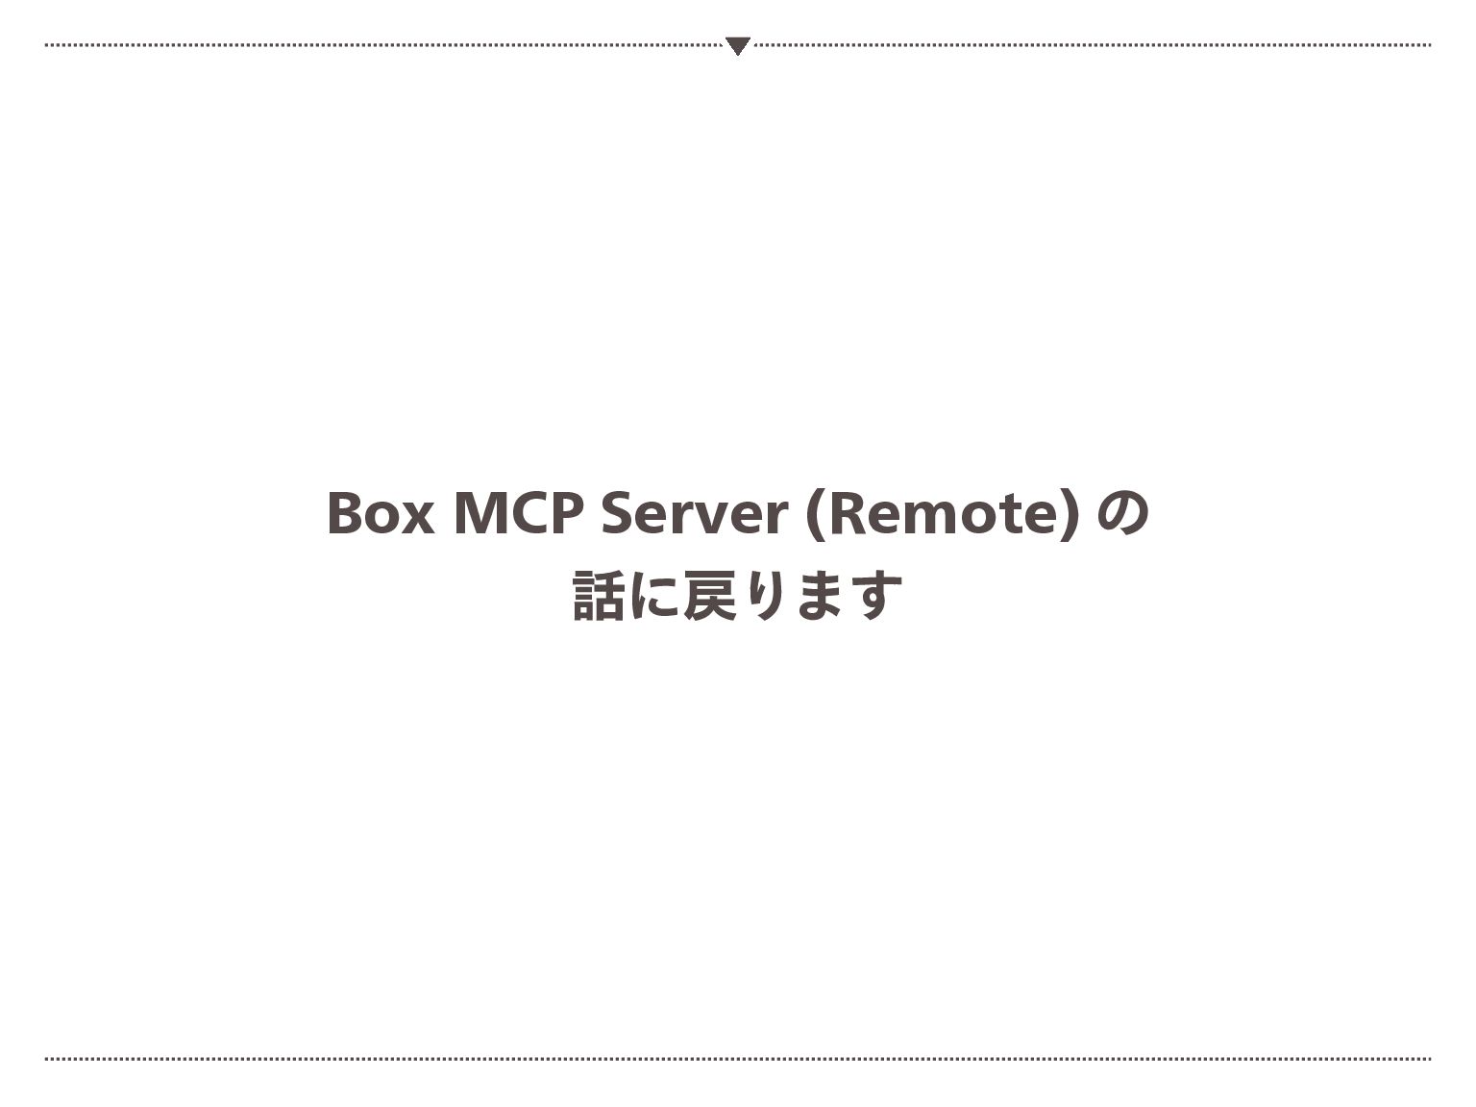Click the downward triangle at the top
(737, 45)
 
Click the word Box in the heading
(380, 513)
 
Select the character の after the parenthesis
(1122, 513)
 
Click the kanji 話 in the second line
(598, 596)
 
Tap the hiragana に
(653, 596)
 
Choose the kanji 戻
(709, 596)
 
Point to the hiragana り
(765, 596)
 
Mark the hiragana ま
(820, 596)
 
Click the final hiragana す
(875, 596)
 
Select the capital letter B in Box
(345, 513)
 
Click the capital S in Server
(617, 513)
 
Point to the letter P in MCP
(567, 513)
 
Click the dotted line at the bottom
(737, 1059)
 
